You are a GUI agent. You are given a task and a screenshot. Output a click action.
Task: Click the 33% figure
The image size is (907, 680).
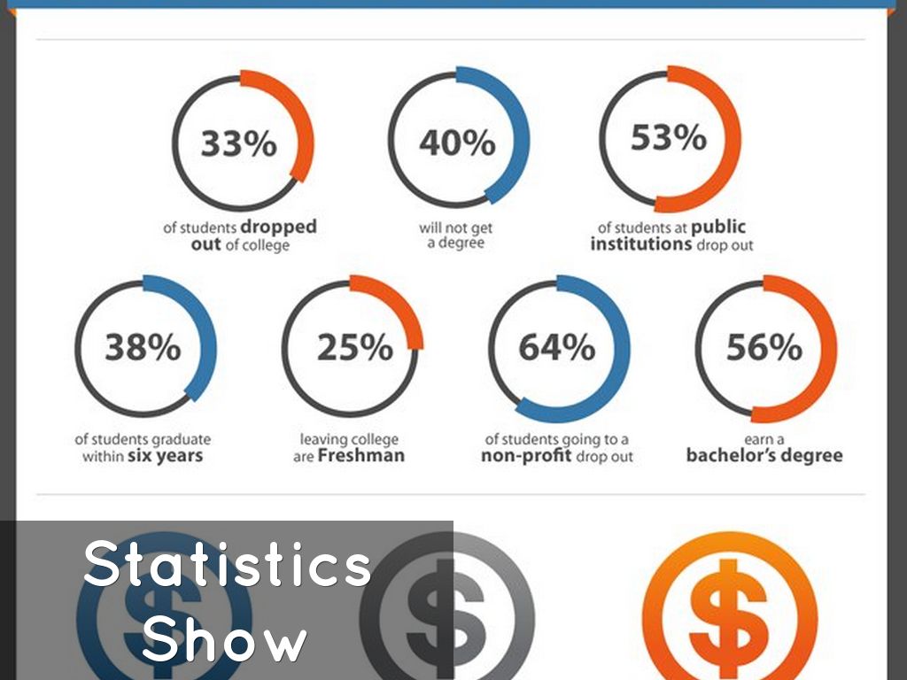point(238,143)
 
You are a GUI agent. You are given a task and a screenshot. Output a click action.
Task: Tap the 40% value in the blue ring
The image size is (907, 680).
point(457,142)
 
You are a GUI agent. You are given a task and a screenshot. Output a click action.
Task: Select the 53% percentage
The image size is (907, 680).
point(669,138)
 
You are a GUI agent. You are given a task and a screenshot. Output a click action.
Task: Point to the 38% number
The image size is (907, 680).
point(143,348)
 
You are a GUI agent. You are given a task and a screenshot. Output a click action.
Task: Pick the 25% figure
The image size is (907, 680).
point(354,348)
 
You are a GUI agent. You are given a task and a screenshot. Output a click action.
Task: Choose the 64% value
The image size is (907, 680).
point(557,348)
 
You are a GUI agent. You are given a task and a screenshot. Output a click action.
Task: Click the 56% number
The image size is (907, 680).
point(764,348)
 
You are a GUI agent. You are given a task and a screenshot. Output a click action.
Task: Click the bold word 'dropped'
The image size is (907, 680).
point(278,227)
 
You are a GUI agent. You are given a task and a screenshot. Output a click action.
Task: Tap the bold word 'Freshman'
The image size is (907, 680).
point(360,456)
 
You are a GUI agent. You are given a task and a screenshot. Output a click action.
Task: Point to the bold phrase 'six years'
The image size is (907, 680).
point(166,456)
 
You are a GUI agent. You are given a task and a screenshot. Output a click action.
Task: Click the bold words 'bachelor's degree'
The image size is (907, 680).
point(764,456)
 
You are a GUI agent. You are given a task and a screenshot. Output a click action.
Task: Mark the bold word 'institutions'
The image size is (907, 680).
point(641,243)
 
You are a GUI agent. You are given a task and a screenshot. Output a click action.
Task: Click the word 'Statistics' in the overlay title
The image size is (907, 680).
point(228,565)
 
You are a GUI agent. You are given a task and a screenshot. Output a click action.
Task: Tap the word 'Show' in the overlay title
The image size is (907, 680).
point(225,639)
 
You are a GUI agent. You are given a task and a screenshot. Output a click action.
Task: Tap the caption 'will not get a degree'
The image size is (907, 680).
point(456,235)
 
